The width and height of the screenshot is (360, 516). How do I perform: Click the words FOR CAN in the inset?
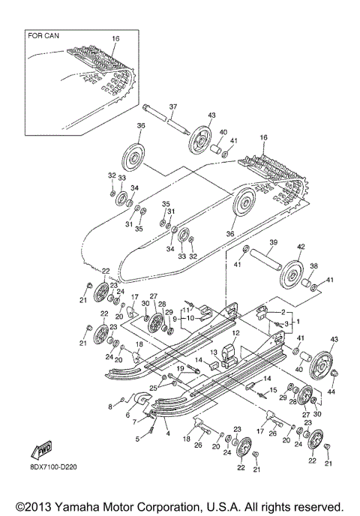click(43, 35)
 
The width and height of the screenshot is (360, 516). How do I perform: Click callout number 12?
click(234, 333)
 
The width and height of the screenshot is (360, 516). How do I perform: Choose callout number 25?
click(152, 387)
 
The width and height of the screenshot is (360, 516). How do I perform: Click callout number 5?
click(137, 438)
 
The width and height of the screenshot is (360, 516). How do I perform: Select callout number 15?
click(273, 390)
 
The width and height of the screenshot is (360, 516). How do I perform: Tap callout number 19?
click(180, 368)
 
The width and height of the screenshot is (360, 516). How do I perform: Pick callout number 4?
click(167, 433)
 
